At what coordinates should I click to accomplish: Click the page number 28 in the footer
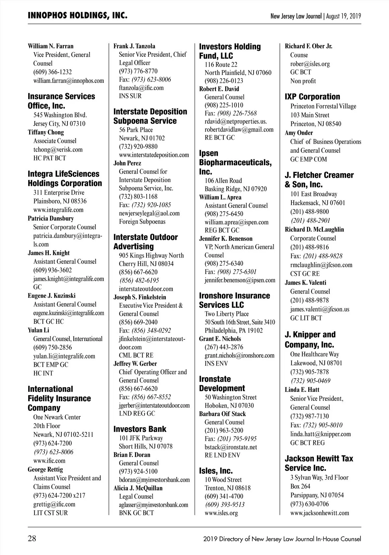point(32,539)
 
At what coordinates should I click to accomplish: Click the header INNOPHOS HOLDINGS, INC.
point(77,16)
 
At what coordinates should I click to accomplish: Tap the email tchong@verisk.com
point(58,150)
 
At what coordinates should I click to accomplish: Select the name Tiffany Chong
point(46,132)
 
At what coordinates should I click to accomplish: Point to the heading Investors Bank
point(140,429)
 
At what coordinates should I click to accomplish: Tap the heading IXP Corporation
point(312,96)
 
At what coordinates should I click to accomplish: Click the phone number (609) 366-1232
point(53,72)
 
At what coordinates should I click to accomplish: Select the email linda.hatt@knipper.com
point(320,434)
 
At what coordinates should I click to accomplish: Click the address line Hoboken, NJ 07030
point(229,405)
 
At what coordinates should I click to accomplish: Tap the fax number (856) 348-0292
point(151,330)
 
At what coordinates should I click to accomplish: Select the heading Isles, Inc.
point(216,470)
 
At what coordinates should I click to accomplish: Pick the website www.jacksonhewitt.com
point(320,513)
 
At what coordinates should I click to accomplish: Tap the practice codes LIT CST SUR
point(51,513)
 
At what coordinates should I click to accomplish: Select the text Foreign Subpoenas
point(142,221)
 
